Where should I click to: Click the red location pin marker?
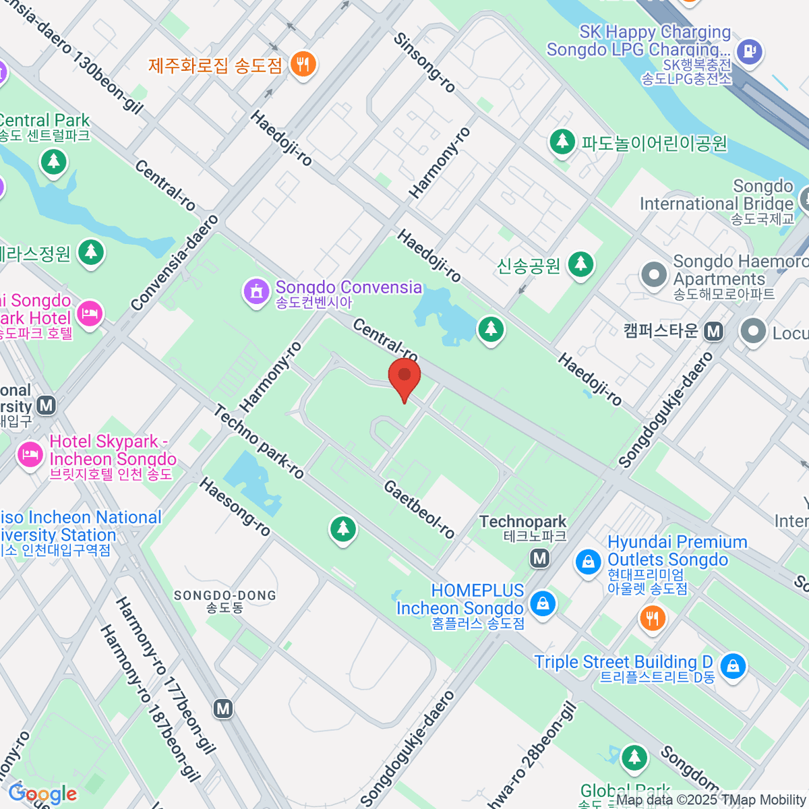pyautogui.click(x=404, y=377)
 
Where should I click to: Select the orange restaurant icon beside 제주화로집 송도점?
pyautogui.click(x=303, y=65)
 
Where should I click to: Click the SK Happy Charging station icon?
pyautogui.click(x=749, y=51)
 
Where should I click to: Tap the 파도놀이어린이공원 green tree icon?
pyautogui.click(x=562, y=142)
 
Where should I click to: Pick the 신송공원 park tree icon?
pyautogui.click(x=580, y=265)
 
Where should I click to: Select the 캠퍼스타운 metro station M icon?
pyautogui.click(x=713, y=331)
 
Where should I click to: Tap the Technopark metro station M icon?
pyautogui.click(x=539, y=558)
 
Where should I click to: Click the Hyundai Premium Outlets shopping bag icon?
pyautogui.click(x=588, y=562)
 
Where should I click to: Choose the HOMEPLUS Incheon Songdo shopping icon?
pyautogui.click(x=542, y=603)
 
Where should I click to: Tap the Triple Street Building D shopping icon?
pyautogui.click(x=732, y=666)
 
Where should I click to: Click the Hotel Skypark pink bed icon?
pyautogui.click(x=30, y=454)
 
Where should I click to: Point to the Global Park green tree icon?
pyautogui.click(x=634, y=758)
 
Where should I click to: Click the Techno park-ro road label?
pyautogui.click(x=260, y=442)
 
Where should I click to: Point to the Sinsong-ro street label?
pyautogui.click(x=425, y=63)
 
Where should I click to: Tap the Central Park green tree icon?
pyautogui.click(x=53, y=162)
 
